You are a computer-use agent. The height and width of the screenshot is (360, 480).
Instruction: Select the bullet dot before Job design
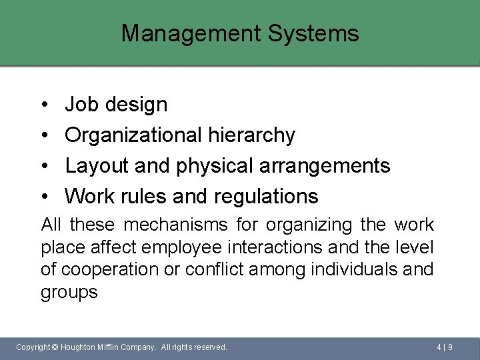click(43, 105)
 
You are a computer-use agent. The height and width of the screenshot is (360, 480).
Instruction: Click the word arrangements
click(317, 165)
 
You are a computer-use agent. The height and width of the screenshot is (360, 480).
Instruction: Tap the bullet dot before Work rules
click(43, 197)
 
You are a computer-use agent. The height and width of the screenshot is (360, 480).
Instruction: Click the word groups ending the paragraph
click(69, 293)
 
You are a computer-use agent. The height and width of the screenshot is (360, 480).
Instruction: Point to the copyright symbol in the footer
click(55, 347)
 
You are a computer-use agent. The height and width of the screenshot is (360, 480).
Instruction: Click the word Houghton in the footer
click(81, 347)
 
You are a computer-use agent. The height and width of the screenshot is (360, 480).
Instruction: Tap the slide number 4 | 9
click(445, 347)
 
